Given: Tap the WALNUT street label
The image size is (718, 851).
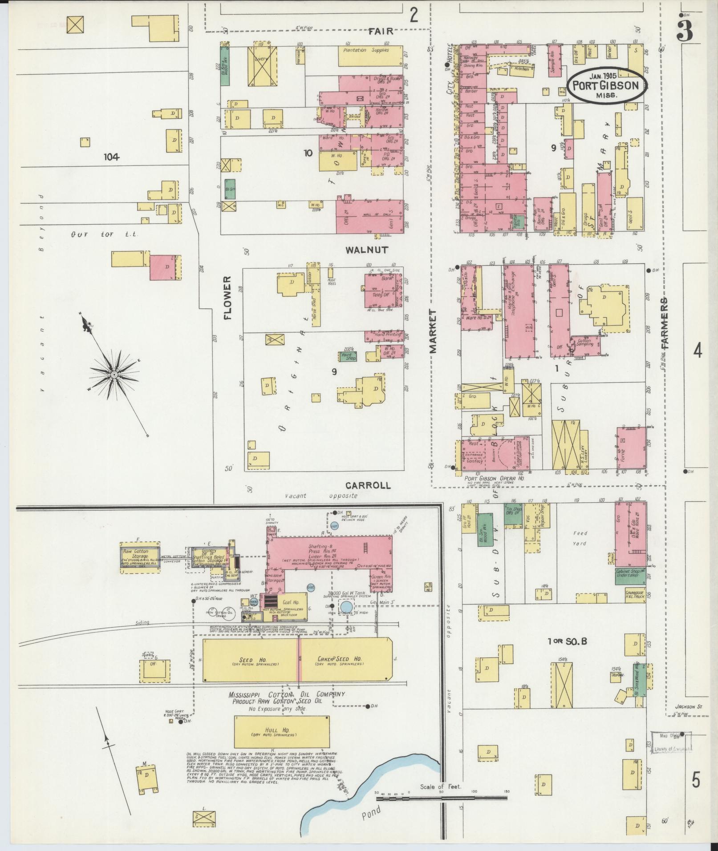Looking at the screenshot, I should (x=367, y=250).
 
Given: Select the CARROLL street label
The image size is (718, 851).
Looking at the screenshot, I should (x=369, y=485).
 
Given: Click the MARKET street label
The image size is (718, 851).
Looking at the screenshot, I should (x=434, y=331).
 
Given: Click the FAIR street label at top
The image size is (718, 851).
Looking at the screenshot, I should (x=381, y=31).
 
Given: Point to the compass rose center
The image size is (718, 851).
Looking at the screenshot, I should (x=114, y=375).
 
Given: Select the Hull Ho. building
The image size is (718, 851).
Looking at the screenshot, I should (x=282, y=731).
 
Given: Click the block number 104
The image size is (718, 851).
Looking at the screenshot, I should (x=112, y=157).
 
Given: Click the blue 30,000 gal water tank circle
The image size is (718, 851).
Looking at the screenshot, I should (x=347, y=606).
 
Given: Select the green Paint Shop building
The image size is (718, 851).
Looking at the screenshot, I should (x=348, y=356).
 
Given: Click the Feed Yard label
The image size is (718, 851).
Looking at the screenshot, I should (x=580, y=538).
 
